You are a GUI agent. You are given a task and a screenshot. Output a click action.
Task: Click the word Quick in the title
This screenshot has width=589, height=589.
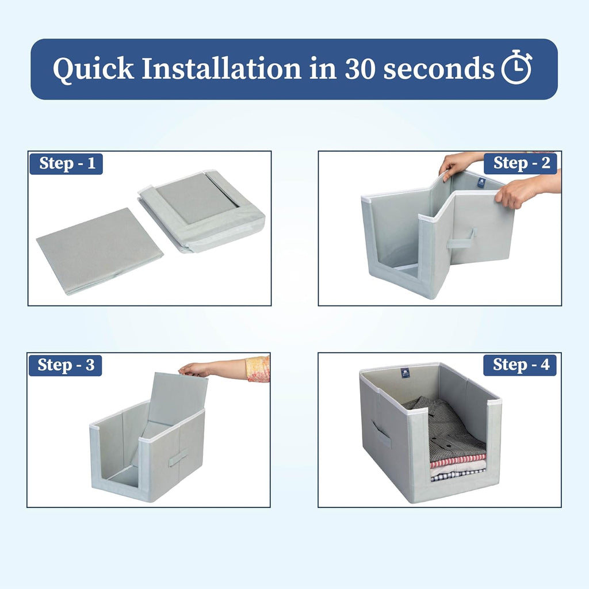click(x=93, y=69)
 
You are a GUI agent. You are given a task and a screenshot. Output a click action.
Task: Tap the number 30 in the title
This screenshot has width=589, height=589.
click(x=360, y=69)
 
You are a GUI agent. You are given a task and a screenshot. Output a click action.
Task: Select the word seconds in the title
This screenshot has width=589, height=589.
click(x=439, y=69)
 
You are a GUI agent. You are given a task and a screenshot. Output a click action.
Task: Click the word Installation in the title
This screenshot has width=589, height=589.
click(x=221, y=68)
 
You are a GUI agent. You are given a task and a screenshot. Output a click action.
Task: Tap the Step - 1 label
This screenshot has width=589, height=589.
click(x=67, y=164)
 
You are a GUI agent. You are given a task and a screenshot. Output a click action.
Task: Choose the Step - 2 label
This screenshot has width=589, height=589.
click(x=521, y=163)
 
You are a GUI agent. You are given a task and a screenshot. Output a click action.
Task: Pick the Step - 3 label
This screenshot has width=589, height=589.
click(x=66, y=365)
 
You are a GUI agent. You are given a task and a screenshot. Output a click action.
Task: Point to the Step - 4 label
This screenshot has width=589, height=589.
click(x=520, y=365)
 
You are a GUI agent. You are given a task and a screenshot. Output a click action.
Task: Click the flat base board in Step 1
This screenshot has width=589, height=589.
click(x=100, y=250)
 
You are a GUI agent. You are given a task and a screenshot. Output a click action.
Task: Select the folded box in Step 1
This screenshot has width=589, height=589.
click(x=201, y=211)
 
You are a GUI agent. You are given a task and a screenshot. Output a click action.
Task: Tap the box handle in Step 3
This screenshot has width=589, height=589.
click(x=178, y=457)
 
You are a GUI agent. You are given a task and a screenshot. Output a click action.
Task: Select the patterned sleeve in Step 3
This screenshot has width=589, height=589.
click(x=258, y=369)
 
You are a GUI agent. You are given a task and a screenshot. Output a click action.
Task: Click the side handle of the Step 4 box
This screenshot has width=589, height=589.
click(x=381, y=433)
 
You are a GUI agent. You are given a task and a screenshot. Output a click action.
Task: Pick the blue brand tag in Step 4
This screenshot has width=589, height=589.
click(x=406, y=374)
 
